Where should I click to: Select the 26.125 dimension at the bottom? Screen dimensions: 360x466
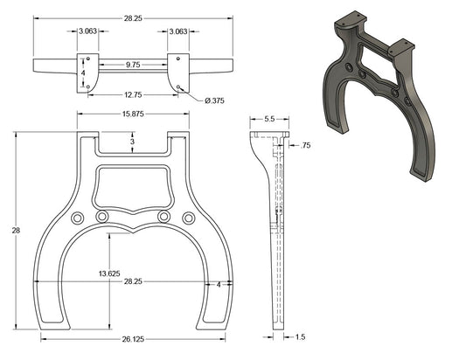pyautogui.click(x=133, y=340)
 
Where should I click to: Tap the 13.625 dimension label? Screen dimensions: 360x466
pyautogui.click(x=109, y=273)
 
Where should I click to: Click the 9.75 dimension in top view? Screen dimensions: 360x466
pyautogui.click(x=134, y=65)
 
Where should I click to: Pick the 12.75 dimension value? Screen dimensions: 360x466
pyautogui.click(x=133, y=95)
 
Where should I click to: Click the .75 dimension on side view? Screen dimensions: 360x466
pyautogui.click(x=305, y=146)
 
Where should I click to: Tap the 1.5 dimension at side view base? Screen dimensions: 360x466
pyautogui.click(x=301, y=336)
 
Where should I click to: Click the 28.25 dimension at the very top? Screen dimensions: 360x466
pyautogui.click(x=133, y=17)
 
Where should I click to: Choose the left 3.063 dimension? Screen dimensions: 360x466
pyautogui.click(x=87, y=31)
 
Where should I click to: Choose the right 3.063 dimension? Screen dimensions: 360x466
pyautogui.click(x=178, y=31)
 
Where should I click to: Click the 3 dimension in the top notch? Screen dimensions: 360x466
pyautogui.click(x=132, y=142)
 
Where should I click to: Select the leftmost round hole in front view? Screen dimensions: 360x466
pyautogui.click(x=77, y=217)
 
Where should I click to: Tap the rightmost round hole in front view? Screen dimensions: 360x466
pyautogui.click(x=188, y=217)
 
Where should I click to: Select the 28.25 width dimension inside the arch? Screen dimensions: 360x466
pyautogui.click(x=133, y=282)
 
